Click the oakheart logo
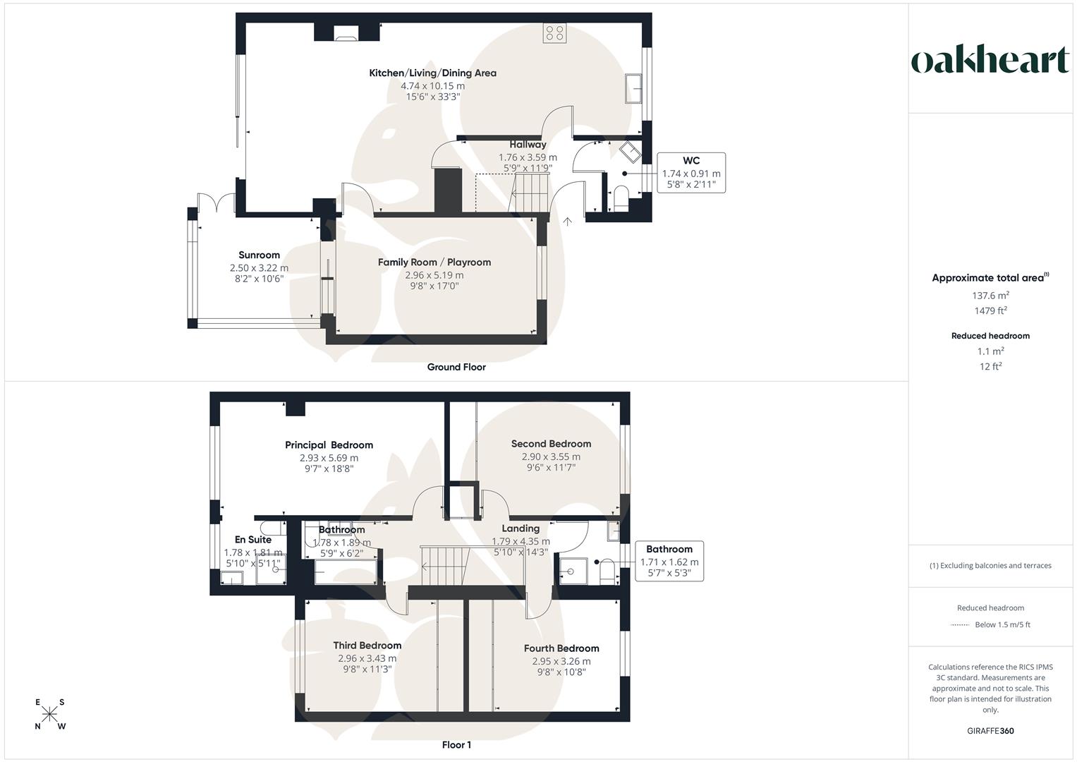click(x=990, y=60)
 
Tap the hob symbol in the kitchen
click(x=554, y=32)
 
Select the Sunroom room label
click(x=259, y=255)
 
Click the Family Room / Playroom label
click(x=434, y=262)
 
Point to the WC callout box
click(x=690, y=173)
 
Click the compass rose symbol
click(x=50, y=715)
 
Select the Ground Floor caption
click(x=456, y=367)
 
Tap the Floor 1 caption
click(x=456, y=745)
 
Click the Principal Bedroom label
click(x=329, y=445)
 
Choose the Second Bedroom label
click(x=551, y=444)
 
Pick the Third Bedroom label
click(x=367, y=646)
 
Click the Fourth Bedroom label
click(x=561, y=648)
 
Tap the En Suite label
click(x=252, y=540)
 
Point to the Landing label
click(x=521, y=528)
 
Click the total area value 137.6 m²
click(x=990, y=296)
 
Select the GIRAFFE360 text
click(x=990, y=731)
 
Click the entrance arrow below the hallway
click(x=568, y=221)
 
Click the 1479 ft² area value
click(x=990, y=311)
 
